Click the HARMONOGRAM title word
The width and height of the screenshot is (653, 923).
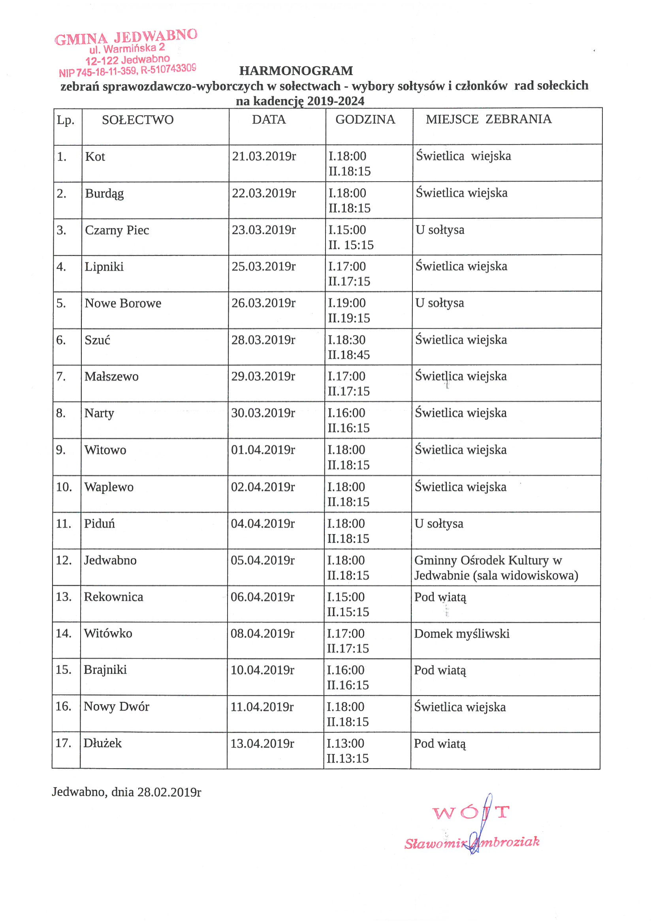(x=296, y=71)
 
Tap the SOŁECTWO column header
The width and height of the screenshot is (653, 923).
(x=137, y=120)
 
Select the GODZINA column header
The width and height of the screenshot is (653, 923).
(x=365, y=119)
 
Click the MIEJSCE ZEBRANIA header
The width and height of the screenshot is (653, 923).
(x=489, y=119)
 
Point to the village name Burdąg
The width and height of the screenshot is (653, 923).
(x=104, y=194)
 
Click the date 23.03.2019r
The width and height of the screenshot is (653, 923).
(x=264, y=230)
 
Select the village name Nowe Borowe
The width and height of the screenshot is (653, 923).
(x=122, y=303)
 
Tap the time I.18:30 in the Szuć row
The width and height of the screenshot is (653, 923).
(x=346, y=340)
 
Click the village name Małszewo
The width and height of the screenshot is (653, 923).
(x=111, y=377)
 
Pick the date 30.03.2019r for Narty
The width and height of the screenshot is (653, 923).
(x=263, y=413)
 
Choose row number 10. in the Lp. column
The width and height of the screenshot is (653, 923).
(x=64, y=487)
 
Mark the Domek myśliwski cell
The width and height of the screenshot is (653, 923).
(x=461, y=634)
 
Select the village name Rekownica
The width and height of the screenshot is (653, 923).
(x=113, y=597)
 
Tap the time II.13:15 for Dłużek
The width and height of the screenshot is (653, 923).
(x=347, y=758)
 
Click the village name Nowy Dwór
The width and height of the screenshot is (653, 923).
(x=116, y=707)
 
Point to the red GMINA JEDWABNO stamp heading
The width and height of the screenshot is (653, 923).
(x=126, y=37)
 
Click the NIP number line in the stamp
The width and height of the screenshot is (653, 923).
(x=127, y=71)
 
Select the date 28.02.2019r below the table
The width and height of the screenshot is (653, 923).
(x=169, y=792)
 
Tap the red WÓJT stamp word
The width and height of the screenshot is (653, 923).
(x=470, y=812)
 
